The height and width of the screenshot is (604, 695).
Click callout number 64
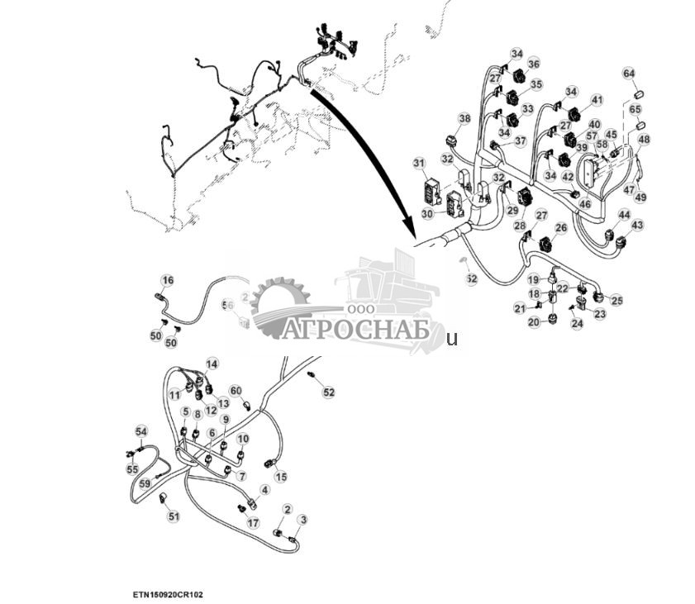(629, 74)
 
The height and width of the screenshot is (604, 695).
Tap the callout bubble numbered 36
(534, 64)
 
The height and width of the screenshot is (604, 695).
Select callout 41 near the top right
(597, 100)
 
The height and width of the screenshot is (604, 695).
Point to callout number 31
(419, 163)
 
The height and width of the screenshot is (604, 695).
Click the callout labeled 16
(168, 280)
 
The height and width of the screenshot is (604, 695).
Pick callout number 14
(212, 364)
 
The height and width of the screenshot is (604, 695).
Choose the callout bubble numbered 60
(236, 390)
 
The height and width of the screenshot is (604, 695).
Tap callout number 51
(174, 516)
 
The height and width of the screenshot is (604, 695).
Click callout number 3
(303, 520)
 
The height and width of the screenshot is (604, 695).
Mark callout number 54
(141, 431)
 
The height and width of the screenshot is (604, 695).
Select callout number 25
(616, 300)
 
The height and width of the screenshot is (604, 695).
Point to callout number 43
(636, 225)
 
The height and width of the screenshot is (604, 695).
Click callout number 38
(464, 119)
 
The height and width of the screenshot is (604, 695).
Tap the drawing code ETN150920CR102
(168, 593)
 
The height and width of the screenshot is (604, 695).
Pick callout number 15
(281, 476)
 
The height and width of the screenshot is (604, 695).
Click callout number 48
(644, 140)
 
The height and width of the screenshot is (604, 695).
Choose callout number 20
(534, 321)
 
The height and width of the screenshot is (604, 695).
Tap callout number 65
(635, 109)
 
